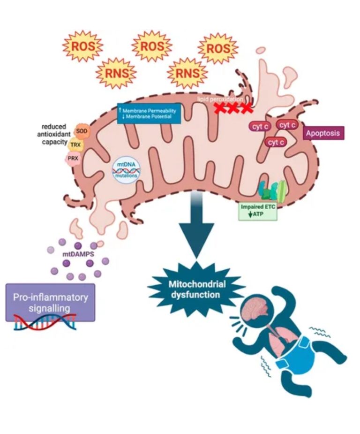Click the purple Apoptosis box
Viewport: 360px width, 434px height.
tap(324, 133)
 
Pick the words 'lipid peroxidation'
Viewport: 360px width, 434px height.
tap(220, 99)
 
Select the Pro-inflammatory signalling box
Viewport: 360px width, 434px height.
tap(50, 302)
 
